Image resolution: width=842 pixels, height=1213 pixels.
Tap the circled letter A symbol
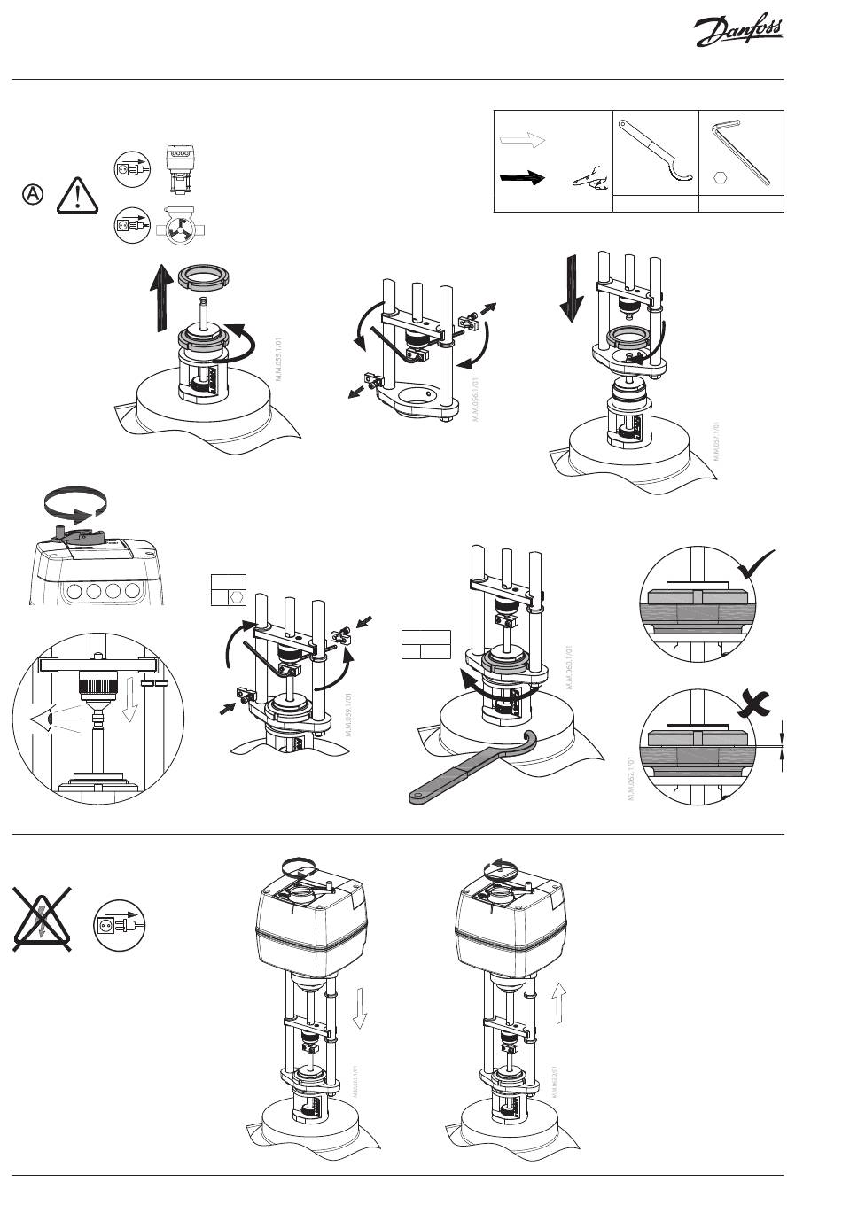[33, 194]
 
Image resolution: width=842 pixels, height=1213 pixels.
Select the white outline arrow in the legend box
[523, 140]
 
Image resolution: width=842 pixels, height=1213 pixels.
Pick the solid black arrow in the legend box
[523, 177]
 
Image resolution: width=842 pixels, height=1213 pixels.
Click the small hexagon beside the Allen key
[720, 177]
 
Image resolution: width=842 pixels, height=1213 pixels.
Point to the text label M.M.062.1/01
[630, 779]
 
